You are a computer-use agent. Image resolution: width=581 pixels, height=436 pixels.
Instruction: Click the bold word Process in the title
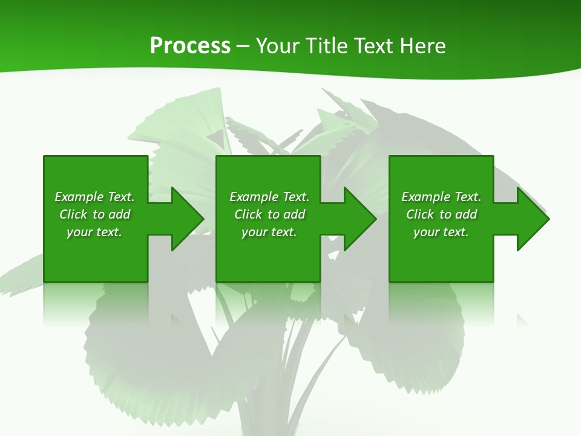(x=190, y=46)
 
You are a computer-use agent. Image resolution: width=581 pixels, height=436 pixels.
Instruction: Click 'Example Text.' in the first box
(x=94, y=197)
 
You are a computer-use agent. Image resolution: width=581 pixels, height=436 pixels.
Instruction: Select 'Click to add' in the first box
(x=94, y=214)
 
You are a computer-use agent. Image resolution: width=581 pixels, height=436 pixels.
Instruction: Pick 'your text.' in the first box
(x=94, y=232)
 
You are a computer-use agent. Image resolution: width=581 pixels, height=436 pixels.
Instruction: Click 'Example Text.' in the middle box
(x=269, y=197)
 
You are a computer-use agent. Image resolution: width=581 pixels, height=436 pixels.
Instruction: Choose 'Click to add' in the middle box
(x=269, y=214)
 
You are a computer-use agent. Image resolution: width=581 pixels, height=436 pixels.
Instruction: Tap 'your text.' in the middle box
(x=269, y=232)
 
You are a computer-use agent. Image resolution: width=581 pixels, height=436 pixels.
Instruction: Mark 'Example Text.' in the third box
(x=441, y=197)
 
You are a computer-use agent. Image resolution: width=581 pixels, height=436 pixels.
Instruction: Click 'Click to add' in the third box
(x=441, y=214)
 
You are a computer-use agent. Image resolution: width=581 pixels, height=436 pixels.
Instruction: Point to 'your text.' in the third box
(x=441, y=232)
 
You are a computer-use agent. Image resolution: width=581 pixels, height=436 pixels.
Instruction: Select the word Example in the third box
(x=426, y=197)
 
